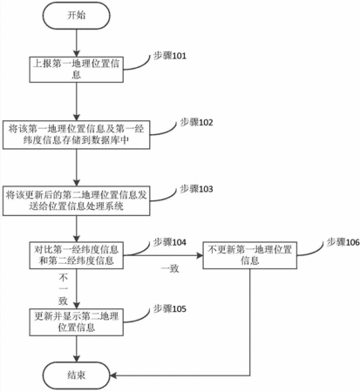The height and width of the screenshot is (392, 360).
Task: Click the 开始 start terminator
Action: tap(77, 16)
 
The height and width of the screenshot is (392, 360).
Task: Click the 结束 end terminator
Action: tap(77, 375)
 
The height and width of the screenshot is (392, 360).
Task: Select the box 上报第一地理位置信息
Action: tap(77, 70)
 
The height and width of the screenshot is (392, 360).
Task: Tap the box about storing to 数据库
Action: tap(77, 135)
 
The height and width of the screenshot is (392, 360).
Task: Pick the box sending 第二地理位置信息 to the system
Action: tap(77, 201)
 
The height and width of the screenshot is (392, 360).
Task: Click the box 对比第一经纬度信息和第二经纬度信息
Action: tap(77, 255)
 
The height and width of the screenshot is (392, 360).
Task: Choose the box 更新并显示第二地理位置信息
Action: tap(77, 322)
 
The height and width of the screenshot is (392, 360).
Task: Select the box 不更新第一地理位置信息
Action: tap(250, 255)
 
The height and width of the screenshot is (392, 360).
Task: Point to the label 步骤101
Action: tap(170, 56)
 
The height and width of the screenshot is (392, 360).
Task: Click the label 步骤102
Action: tap(196, 122)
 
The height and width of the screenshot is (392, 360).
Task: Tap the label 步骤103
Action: tap(196, 189)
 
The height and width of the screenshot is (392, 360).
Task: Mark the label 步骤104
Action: tap(170, 242)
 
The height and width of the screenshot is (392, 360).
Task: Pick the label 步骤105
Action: tap(170, 308)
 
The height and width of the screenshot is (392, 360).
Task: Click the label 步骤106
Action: tap(343, 242)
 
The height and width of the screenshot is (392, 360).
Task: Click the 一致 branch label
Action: tap(170, 268)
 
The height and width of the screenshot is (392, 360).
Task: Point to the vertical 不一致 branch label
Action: tap(64, 289)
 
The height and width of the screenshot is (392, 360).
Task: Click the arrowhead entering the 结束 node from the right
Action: tap(113, 375)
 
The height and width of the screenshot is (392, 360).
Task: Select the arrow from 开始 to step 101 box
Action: tap(77, 43)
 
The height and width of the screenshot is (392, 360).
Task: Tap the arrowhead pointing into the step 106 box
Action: tap(200, 255)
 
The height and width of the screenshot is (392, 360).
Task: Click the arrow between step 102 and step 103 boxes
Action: tap(77, 168)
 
